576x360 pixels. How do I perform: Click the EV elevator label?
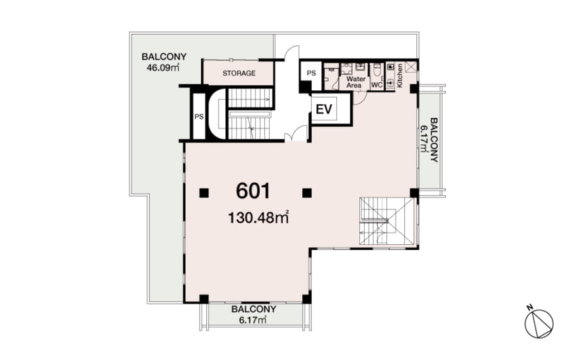coord(324,109)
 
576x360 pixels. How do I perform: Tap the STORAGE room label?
coord(239,73)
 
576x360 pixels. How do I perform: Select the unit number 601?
coord(253,191)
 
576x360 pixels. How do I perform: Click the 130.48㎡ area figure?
coord(259,217)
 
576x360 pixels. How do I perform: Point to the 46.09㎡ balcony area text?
coord(163,67)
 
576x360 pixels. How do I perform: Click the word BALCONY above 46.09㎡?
coord(164,57)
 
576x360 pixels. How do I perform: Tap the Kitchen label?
coord(400,75)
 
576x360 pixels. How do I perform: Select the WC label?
coord(377,85)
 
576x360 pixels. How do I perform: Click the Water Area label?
coord(355,82)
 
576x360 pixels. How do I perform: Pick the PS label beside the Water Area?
coord(311,73)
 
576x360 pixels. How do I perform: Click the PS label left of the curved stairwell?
coord(199,117)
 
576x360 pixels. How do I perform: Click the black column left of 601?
coord(204,193)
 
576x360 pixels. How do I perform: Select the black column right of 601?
coord(307,193)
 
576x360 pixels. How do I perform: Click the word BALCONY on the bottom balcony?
coord(253,310)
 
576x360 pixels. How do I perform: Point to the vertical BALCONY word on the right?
coord(434,140)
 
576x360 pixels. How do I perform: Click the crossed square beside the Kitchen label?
coord(411,67)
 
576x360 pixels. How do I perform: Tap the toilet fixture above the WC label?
coord(376,71)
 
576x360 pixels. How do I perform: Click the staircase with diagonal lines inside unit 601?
coord(387,221)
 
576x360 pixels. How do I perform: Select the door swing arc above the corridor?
coord(293,52)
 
